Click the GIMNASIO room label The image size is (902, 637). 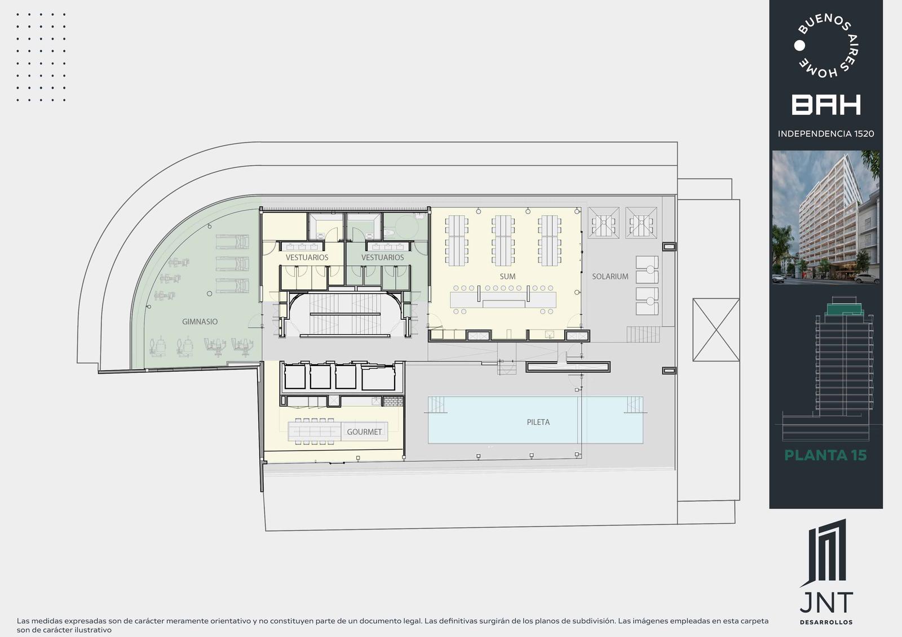point(200,322)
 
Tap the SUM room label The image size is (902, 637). point(507,277)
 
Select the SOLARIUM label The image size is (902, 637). point(610,277)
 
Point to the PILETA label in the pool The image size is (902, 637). point(538,422)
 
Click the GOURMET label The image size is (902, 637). point(364,432)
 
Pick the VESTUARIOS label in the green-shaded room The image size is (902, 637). point(383,257)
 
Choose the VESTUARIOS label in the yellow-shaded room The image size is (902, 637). point(307,257)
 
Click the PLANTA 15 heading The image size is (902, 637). point(825,455)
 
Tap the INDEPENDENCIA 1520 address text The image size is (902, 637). point(826,133)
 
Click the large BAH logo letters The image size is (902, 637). point(826,105)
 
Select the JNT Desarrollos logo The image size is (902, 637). point(826,572)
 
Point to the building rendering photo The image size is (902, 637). point(826,217)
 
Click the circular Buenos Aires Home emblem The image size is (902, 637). point(826,46)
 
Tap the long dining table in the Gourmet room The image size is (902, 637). point(315,431)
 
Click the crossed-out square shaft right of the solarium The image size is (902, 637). point(716,329)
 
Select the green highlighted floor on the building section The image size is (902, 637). point(845,309)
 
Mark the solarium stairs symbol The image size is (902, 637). point(643,334)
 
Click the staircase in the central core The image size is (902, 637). point(345,314)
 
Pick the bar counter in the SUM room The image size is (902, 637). point(503,300)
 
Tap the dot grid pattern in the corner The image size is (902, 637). point(41,57)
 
